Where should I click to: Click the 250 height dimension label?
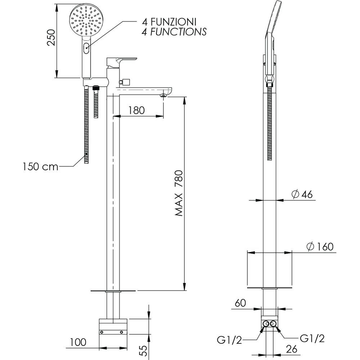point(51,37)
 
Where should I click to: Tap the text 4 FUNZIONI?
point(169,22)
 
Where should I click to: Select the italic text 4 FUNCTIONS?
point(174,32)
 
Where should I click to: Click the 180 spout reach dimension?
point(136,111)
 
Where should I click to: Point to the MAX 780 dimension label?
point(179,193)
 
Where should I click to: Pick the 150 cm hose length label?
point(40,166)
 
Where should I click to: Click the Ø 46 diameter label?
point(302,194)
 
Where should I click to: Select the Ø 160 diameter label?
point(320,247)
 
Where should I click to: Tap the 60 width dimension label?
point(240,303)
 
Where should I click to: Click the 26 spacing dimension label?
point(292,349)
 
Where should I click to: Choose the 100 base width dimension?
point(78,342)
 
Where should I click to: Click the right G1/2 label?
point(312,338)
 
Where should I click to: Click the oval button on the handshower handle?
point(86,48)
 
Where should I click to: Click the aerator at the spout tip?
point(163,95)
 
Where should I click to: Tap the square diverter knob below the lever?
point(126,82)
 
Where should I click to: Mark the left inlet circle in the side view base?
point(266,324)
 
